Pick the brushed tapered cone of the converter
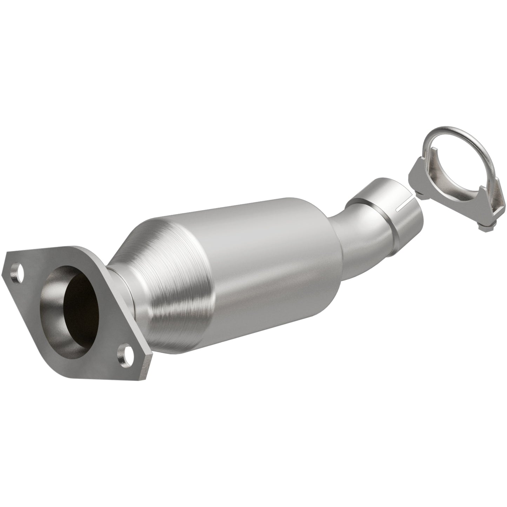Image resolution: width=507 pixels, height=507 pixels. point(168,267)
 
